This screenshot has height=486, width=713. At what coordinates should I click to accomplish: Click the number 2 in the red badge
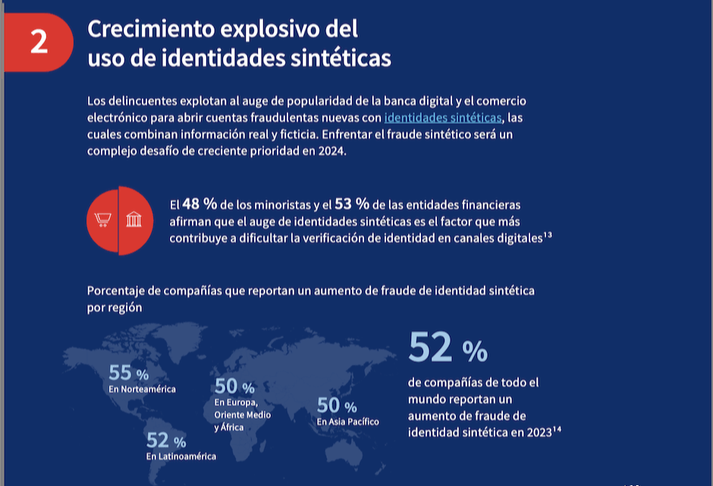coord(39,42)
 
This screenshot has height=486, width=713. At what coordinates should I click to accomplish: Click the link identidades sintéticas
coord(443,118)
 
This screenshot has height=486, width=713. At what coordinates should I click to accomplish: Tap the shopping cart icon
coord(102,221)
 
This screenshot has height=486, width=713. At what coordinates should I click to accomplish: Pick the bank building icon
coord(134,221)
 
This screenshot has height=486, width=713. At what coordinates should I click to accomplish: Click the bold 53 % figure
coord(351,205)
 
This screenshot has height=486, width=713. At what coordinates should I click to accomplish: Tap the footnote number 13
coord(547,234)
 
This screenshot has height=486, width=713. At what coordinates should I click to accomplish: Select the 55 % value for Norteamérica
coord(129,373)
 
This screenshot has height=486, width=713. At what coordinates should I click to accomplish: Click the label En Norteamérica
coord(142,389)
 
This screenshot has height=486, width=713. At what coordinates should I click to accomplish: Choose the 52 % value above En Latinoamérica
coord(166,440)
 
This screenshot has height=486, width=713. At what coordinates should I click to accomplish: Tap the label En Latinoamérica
coord(181,456)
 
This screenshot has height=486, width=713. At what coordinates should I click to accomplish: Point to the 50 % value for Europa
coord(234,387)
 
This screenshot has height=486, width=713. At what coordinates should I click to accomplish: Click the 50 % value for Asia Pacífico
coord(337,406)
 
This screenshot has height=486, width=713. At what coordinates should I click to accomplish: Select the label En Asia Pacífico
coord(347,422)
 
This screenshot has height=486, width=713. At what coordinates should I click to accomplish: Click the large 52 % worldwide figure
coord(448,348)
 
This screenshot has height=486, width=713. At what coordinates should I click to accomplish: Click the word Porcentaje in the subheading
coord(118,290)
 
